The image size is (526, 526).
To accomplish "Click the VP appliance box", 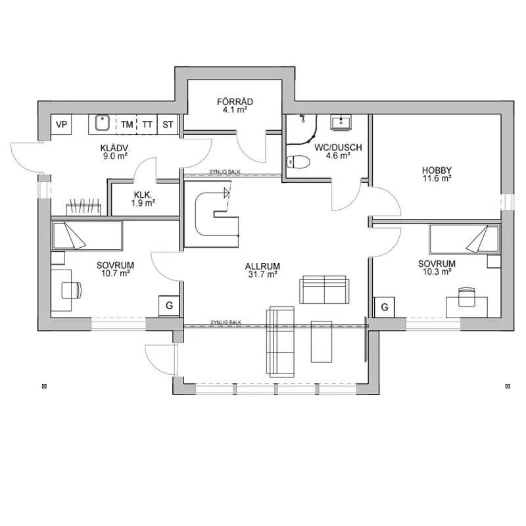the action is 61,124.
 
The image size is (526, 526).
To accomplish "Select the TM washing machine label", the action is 127,125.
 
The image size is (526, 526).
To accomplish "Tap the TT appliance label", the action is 147,125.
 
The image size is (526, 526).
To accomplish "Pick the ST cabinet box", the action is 168,124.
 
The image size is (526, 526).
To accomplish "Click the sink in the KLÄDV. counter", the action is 103,123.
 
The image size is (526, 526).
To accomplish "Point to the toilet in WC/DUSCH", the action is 298,161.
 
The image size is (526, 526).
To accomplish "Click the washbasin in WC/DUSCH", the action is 341,122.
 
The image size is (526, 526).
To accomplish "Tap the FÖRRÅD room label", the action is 235,102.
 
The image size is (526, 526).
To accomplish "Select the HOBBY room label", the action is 437,170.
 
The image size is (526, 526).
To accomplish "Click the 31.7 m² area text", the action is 262,274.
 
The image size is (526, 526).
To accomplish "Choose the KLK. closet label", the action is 143,195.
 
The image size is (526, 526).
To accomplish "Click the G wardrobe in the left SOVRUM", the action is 169,306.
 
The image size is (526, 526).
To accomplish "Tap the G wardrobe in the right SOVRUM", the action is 385,307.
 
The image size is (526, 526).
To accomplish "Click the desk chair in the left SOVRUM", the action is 72,290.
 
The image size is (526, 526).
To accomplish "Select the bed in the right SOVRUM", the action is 464,239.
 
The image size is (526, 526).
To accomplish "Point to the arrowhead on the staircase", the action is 227,193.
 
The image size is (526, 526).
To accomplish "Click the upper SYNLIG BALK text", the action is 225,172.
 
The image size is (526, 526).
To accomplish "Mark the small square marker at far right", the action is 508,386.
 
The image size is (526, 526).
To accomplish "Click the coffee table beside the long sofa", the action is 322,341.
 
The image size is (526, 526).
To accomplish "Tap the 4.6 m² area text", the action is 338,156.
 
